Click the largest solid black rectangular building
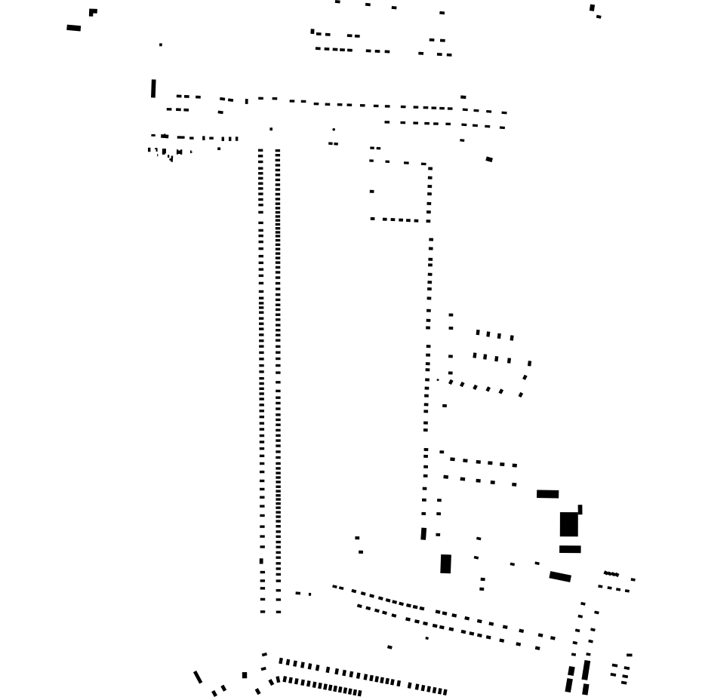click(x=568, y=524)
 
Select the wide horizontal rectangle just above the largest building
click(x=547, y=494)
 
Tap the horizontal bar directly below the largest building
click(x=570, y=549)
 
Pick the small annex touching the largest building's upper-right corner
click(x=580, y=509)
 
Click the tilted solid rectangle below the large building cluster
click(x=560, y=576)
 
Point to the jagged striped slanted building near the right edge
click(x=611, y=574)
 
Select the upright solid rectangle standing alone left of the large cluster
click(x=445, y=563)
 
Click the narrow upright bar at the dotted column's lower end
click(x=423, y=534)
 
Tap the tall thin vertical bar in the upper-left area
click(x=153, y=89)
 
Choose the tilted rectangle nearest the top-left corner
click(x=73, y=28)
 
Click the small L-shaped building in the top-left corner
click(x=93, y=12)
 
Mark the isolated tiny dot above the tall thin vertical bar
click(x=161, y=45)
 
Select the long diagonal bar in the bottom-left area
click(x=198, y=677)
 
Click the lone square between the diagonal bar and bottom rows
click(x=245, y=675)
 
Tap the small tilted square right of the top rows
click(x=489, y=159)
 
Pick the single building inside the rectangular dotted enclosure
click(x=372, y=192)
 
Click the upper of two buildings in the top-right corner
click(x=592, y=8)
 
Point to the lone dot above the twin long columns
click(x=271, y=129)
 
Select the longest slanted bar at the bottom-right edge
click(x=586, y=670)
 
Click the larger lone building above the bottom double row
click(x=389, y=647)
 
